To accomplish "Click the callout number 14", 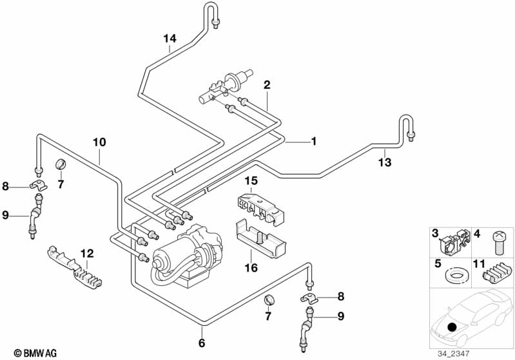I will pos(169,39).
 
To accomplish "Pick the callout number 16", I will pos(253,267).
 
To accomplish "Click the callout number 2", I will pos(266,85).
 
